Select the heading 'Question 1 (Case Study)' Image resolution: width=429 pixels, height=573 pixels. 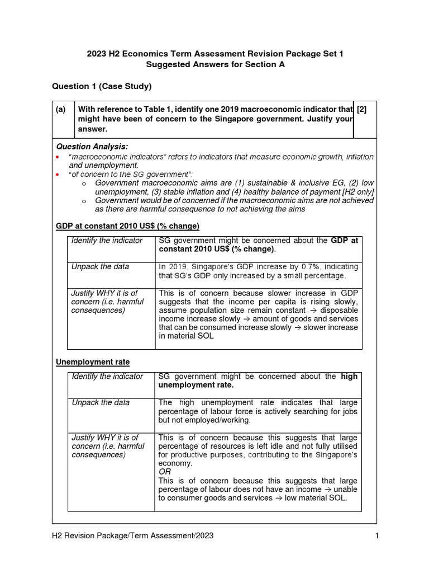click(x=102, y=86)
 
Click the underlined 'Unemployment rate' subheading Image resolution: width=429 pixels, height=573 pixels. click(x=93, y=363)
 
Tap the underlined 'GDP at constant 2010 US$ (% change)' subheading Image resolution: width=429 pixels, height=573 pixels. click(x=128, y=226)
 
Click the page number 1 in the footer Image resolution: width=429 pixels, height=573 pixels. click(x=377, y=536)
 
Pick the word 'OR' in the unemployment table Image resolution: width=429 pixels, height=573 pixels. click(x=165, y=472)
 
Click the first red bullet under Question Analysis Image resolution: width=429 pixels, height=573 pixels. click(x=58, y=157)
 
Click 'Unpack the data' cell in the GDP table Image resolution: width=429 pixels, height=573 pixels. click(x=100, y=266)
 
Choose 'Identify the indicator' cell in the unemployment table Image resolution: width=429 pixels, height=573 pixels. click(x=107, y=377)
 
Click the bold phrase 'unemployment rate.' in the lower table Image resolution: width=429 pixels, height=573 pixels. click(x=196, y=386)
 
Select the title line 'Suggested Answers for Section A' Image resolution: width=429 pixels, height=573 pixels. click(x=215, y=64)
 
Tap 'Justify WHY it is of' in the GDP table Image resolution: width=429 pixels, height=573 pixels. click(x=104, y=293)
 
